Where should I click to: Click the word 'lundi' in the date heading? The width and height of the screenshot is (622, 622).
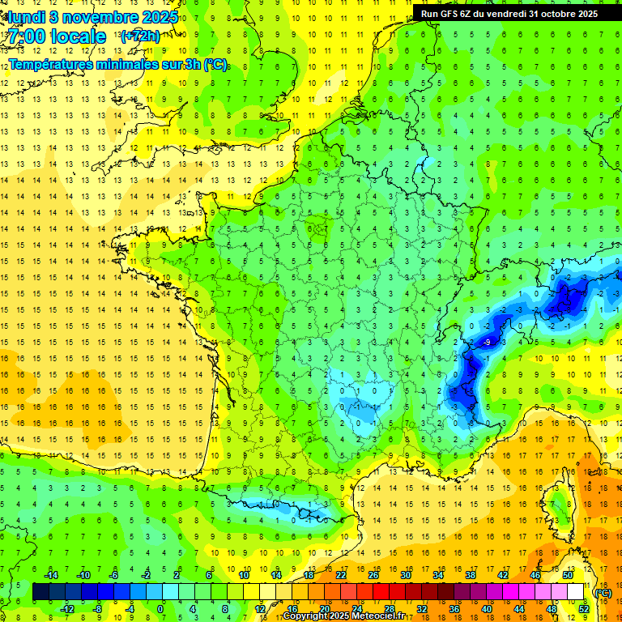click(27, 16)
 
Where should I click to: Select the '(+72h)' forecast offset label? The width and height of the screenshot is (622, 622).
click(140, 36)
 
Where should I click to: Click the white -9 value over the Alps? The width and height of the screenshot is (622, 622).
click(487, 343)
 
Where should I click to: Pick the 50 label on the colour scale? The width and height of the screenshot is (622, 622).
click(568, 575)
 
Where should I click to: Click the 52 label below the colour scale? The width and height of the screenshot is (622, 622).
click(584, 609)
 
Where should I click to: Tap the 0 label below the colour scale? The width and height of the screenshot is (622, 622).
click(160, 609)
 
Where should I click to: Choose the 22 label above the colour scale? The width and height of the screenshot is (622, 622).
click(341, 575)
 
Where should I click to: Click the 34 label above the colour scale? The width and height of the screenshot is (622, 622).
click(438, 575)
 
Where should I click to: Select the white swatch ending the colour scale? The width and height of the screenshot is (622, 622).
click(576, 592)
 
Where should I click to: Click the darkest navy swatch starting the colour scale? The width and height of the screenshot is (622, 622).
click(40, 592)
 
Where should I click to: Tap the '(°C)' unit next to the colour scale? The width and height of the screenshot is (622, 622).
click(603, 593)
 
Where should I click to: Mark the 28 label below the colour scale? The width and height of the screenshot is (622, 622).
click(390, 609)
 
